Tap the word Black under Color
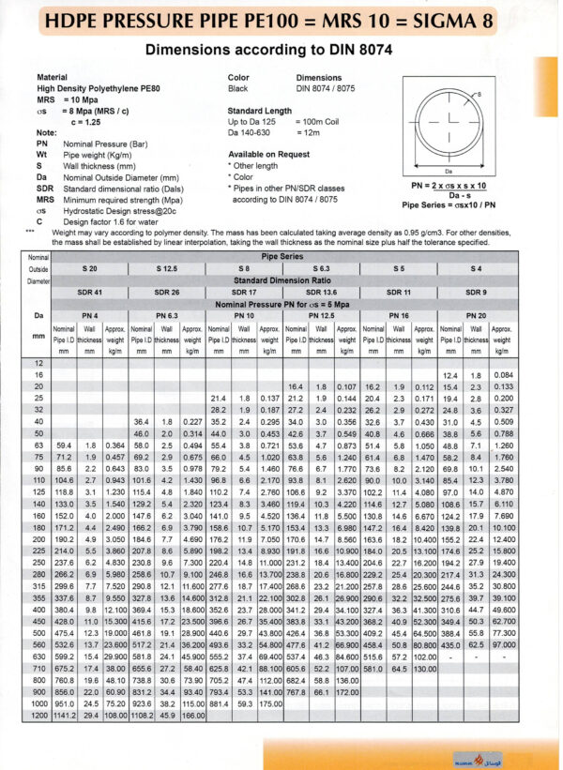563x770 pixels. click(x=239, y=87)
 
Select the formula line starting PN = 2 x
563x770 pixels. click(x=456, y=185)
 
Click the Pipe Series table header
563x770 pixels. click(x=282, y=256)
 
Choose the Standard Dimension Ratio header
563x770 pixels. click(x=282, y=279)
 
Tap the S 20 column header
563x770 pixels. click(x=90, y=268)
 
